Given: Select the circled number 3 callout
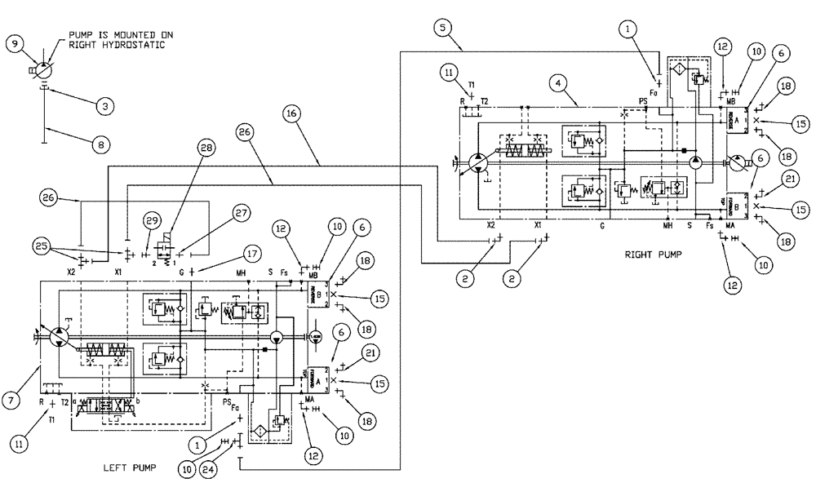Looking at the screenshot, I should [x=104, y=106].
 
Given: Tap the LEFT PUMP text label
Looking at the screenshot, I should [x=129, y=468].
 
